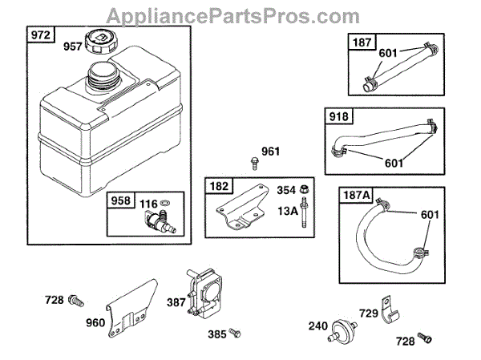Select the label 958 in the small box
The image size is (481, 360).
120,201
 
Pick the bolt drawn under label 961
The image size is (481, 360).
254,165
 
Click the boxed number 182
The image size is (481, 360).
218,186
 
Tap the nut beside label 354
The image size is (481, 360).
307,190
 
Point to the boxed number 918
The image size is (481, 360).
338,117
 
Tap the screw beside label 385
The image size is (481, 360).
235,331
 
